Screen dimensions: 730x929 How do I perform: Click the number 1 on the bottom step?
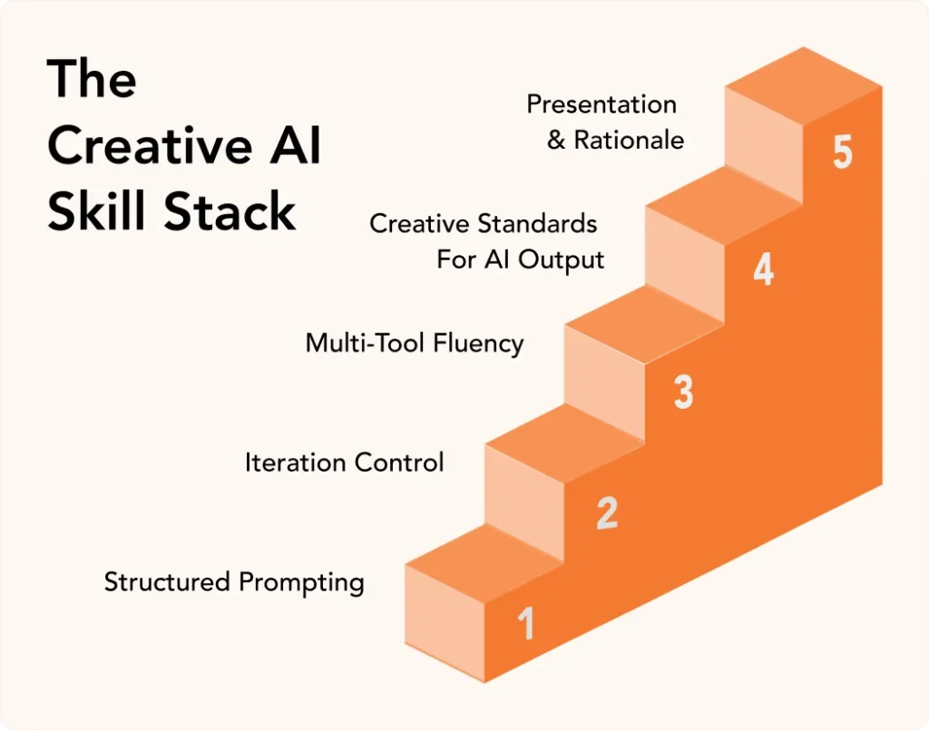pos(526,624)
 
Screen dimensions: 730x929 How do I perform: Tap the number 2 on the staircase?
pos(607,513)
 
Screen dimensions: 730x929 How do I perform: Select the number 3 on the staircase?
pos(684,391)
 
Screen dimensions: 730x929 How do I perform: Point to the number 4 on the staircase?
pos(764,270)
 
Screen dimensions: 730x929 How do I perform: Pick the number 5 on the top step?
pos(843,151)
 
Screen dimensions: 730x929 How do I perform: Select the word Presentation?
pos(601,104)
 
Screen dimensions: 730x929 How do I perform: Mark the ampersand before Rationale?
pos(557,141)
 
